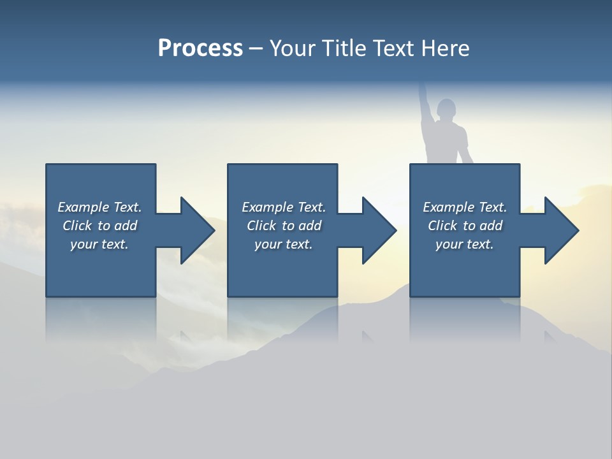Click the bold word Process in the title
(x=200, y=48)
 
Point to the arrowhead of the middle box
(x=378, y=230)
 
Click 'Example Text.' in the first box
(x=99, y=207)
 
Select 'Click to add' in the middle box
(x=284, y=226)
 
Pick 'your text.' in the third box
(x=464, y=244)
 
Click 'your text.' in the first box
(x=99, y=244)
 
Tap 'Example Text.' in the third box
(x=464, y=207)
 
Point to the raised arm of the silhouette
(x=424, y=102)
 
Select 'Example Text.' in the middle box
(x=284, y=207)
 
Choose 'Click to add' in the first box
(x=99, y=226)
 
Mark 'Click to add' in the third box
(x=464, y=226)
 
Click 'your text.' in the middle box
(x=284, y=244)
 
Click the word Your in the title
(x=292, y=48)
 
